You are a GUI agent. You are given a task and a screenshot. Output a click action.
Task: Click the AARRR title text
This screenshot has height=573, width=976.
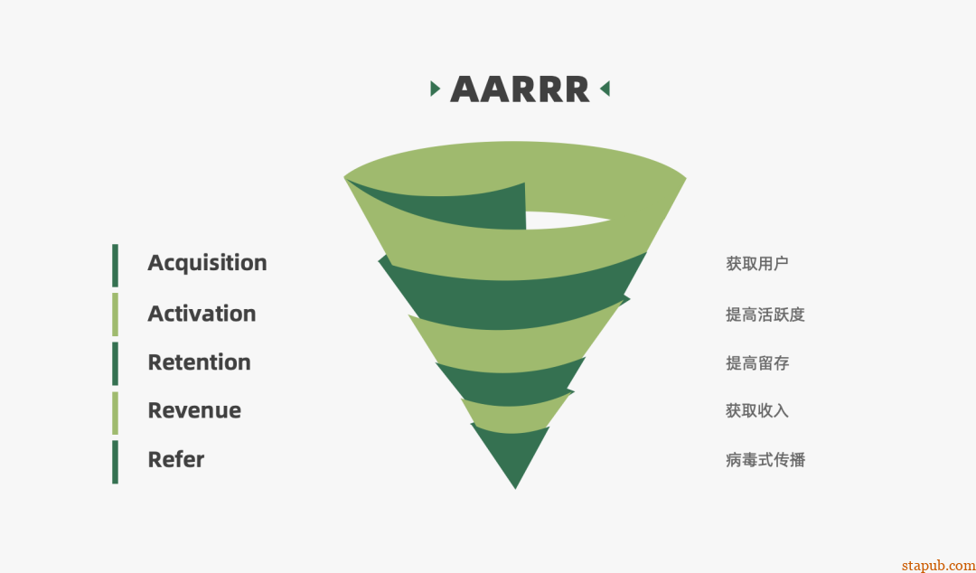[x=520, y=89]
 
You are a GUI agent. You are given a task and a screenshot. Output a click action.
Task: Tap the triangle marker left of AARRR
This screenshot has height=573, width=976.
[x=435, y=89]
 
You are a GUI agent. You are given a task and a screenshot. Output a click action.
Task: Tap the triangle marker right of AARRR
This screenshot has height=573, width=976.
[x=605, y=89]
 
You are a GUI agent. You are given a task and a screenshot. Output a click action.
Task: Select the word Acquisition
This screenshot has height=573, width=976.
[x=207, y=263]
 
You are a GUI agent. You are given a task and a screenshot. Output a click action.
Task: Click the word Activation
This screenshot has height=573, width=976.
[x=202, y=314]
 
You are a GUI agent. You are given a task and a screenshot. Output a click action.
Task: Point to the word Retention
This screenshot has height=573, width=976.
[x=199, y=362]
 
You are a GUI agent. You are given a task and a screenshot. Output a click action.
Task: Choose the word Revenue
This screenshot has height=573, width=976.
[x=194, y=410]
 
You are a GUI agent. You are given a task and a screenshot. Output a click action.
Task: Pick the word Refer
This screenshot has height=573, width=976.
[x=176, y=460]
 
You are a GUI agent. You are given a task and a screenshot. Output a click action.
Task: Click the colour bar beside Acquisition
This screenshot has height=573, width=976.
[x=115, y=266]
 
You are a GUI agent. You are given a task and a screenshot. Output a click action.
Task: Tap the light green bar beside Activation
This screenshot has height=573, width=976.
[x=115, y=315]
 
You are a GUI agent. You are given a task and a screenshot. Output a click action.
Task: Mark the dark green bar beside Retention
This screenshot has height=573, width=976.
[x=115, y=363]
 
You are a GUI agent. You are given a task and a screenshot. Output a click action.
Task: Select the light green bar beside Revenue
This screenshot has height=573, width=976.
[x=115, y=413]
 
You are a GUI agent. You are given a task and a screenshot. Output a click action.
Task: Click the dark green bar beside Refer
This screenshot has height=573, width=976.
[x=115, y=462]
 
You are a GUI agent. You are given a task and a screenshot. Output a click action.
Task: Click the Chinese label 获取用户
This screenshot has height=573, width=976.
[x=757, y=264]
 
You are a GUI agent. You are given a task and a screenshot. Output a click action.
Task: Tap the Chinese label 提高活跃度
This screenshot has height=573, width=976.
[x=765, y=315]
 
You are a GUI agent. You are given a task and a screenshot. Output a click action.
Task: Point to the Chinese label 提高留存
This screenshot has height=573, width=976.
[x=757, y=363]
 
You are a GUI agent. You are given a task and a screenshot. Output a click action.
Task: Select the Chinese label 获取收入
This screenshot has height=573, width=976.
[x=757, y=411]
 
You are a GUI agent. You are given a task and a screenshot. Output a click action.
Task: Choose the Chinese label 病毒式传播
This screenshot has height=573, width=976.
[x=765, y=460]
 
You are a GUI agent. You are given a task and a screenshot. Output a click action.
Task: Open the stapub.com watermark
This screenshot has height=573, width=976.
[x=938, y=566]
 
